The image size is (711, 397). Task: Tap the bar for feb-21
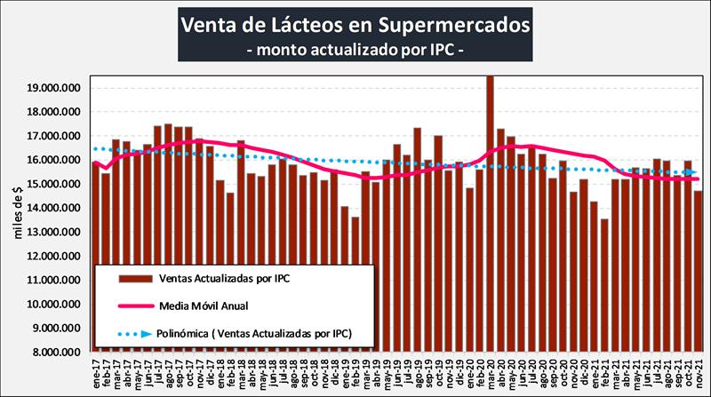pos(604,284)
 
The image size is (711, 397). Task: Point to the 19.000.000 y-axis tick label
pos(55,89)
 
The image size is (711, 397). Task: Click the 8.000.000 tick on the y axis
pos(55,352)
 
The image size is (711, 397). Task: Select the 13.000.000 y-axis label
pos(55,232)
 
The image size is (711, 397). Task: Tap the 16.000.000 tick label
pos(55,161)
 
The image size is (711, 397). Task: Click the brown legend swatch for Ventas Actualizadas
pos(131,279)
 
